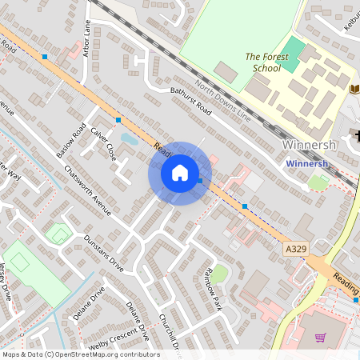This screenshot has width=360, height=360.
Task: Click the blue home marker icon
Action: [180, 173]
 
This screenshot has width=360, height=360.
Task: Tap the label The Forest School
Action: [262, 62]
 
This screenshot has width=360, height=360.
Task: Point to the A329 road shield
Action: [296, 250]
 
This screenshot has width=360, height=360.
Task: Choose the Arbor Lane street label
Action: [87, 39]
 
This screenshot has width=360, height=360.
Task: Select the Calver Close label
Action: [104, 143]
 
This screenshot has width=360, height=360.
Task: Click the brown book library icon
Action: [354, 88]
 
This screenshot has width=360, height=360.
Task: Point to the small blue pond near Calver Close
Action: [129, 138]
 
